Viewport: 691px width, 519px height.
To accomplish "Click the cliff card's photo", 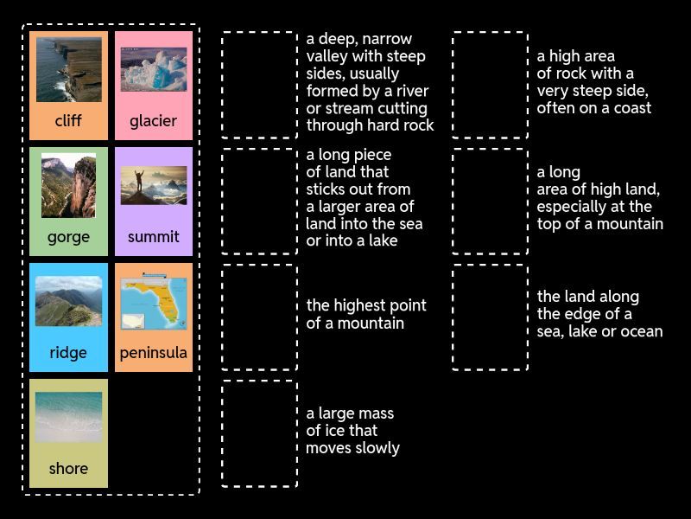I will pos(68,69).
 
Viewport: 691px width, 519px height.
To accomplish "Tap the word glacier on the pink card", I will pos(153,121).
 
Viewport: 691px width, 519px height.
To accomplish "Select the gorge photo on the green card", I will pos(68,186).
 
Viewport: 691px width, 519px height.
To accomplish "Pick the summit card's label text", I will pos(153,237).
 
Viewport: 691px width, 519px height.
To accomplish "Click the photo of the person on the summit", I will pos(153,185).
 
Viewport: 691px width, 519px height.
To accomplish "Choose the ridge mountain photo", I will pos(68,301).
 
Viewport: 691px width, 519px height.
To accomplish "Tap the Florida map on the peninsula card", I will pos(153,302).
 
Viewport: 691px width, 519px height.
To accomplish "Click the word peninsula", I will pos(153,353).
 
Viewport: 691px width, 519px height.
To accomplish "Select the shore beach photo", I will pos(68,417).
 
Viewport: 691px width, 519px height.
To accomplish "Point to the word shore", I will pos(68,469).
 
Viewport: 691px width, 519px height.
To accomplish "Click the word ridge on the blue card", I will pos(68,353).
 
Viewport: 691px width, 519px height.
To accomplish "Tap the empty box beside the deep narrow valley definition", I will pos(259,85).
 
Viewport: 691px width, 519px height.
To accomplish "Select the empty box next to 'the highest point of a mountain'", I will pos(259,317).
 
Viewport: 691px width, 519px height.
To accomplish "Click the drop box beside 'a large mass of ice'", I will pos(259,432).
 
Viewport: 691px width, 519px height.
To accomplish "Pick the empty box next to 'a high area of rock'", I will pos(490,85).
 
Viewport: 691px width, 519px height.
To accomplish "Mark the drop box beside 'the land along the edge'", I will pos(490,317).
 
